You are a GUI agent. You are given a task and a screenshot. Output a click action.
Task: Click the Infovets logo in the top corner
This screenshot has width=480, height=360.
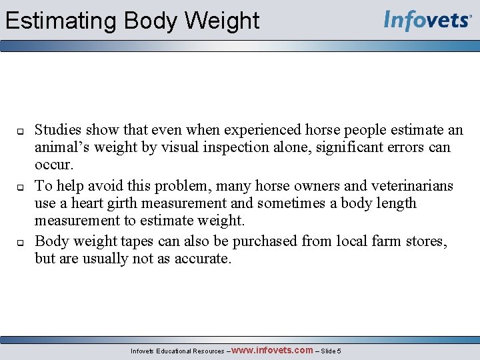pos(427,21)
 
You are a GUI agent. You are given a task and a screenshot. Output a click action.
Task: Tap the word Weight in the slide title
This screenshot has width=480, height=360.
pos(222,21)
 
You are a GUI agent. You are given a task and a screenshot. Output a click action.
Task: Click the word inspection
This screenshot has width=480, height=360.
pos(233,147)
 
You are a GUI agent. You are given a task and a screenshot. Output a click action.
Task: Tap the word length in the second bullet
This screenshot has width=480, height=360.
pos(393,203)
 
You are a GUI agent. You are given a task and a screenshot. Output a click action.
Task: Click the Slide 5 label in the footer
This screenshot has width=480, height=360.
pos(331,351)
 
